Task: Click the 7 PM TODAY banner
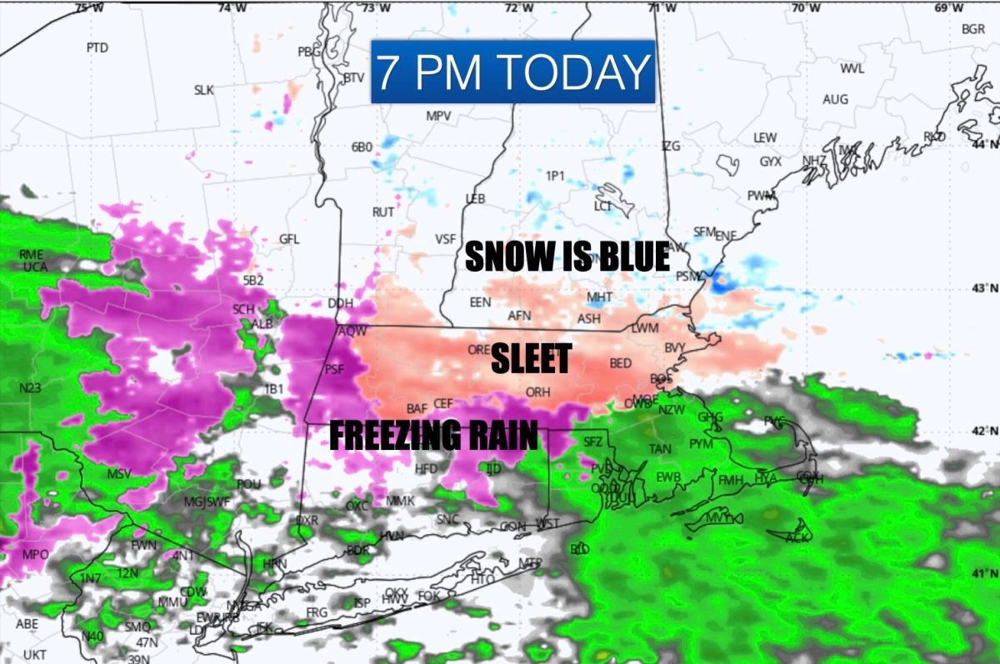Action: pyautogui.click(x=512, y=72)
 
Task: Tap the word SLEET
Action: pyautogui.click(x=531, y=359)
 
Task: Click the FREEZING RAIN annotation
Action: pyautogui.click(x=433, y=435)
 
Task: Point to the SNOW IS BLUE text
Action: pyautogui.click(x=567, y=257)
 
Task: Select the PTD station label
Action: pyautogui.click(x=97, y=47)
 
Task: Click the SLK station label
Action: pyautogui.click(x=204, y=90)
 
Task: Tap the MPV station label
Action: pyautogui.click(x=438, y=116)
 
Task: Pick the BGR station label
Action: pyautogui.click(x=972, y=29)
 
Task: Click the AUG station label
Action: pyautogui.click(x=835, y=99)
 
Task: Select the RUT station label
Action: pyautogui.click(x=383, y=212)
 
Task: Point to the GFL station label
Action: pyautogui.click(x=289, y=239)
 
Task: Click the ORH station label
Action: pyautogui.click(x=537, y=392)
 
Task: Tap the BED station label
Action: pyautogui.click(x=621, y=363)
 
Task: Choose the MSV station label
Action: pyautogui.click(x=119, y=474)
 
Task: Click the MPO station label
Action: pyautogui.click(x=35, y=555)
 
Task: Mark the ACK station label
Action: pyautogui.click(x=797, y=537)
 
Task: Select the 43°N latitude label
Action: pyautogui.click(x=985, y=288)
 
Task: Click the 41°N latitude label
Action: pyautogui.click(x=985, y=573)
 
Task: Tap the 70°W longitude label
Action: pyautogui.click(x=804, y=8)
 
